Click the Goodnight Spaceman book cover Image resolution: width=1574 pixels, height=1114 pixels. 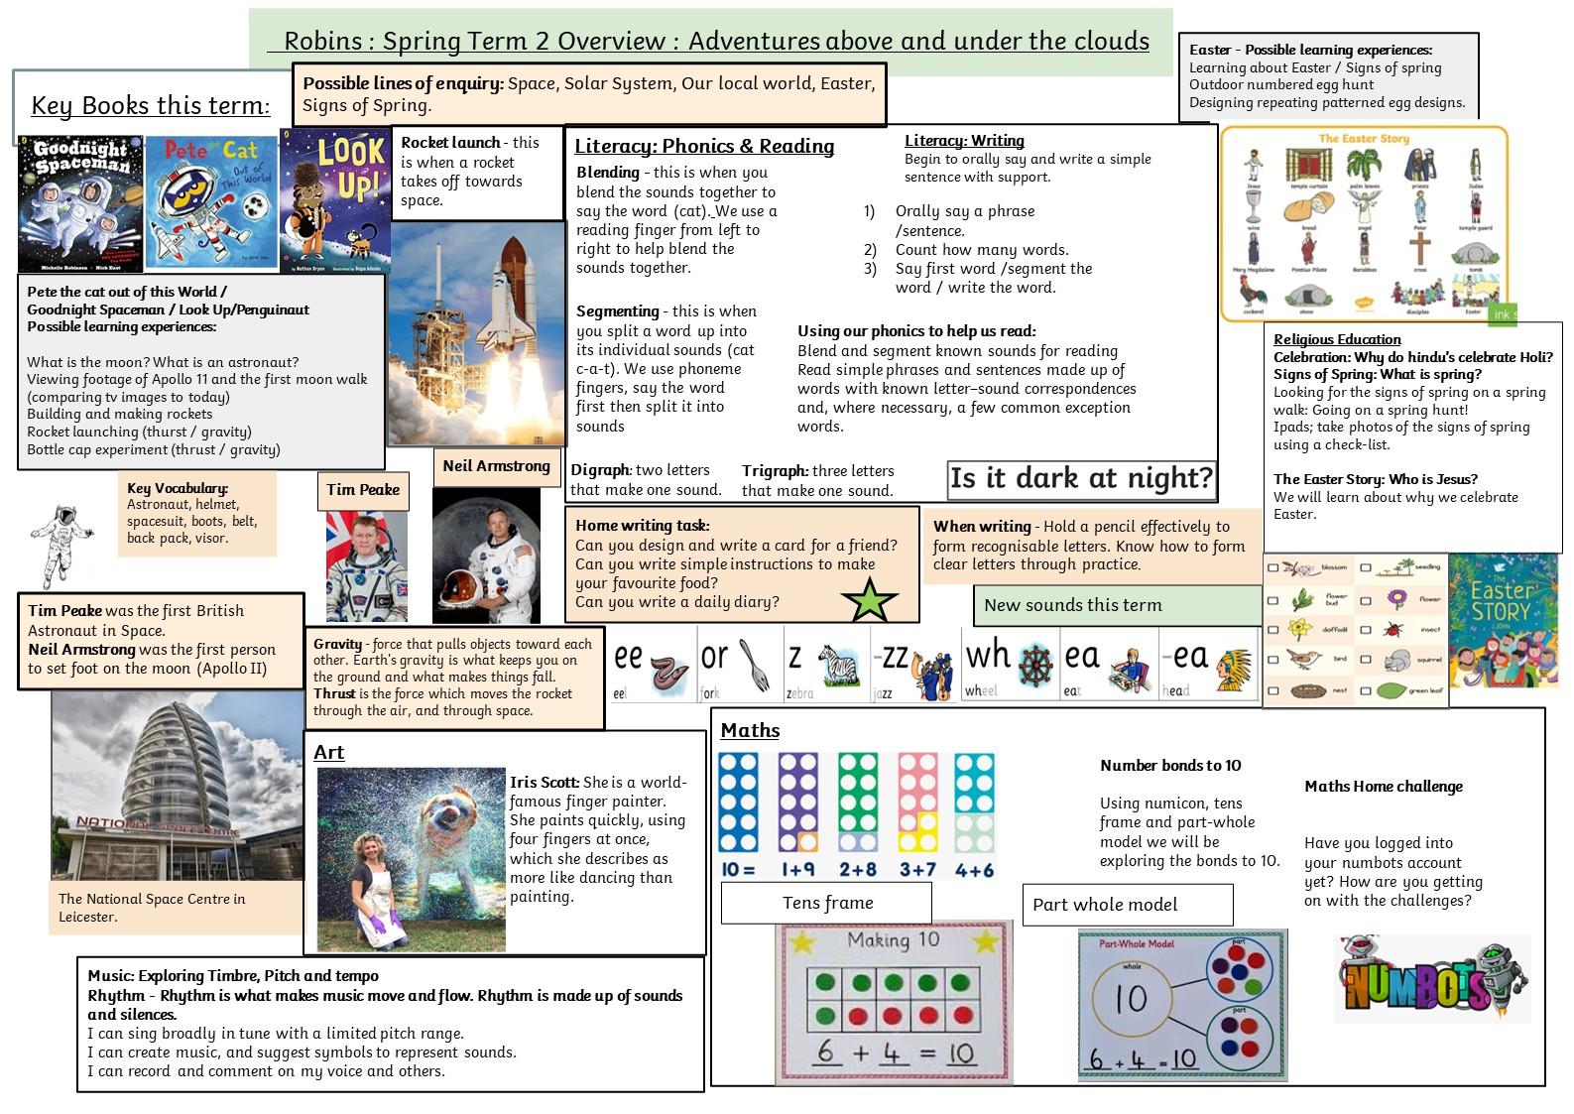coord(80,203)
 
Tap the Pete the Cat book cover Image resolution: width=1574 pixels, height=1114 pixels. coord(210,203)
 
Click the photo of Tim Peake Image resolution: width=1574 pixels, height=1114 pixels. coord(366,566)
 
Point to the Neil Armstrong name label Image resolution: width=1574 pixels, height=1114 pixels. coord(496,466)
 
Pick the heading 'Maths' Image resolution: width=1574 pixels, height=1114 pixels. coord(750,731)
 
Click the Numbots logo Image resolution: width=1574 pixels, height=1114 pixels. coord(1431,980)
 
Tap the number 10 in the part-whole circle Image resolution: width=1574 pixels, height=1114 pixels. coord(1131,999)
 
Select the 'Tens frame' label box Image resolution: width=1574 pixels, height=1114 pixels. coord(826,903)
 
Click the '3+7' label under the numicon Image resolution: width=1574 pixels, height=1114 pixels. coord(917,870)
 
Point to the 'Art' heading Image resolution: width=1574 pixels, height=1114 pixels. coord(328,752)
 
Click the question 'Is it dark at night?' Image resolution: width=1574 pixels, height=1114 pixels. coord(1081,479)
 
